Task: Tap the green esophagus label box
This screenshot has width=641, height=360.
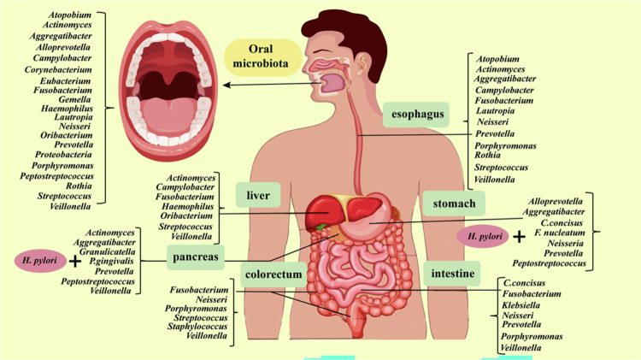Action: click(416, 113)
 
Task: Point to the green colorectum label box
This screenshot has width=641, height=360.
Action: click(272, 274)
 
